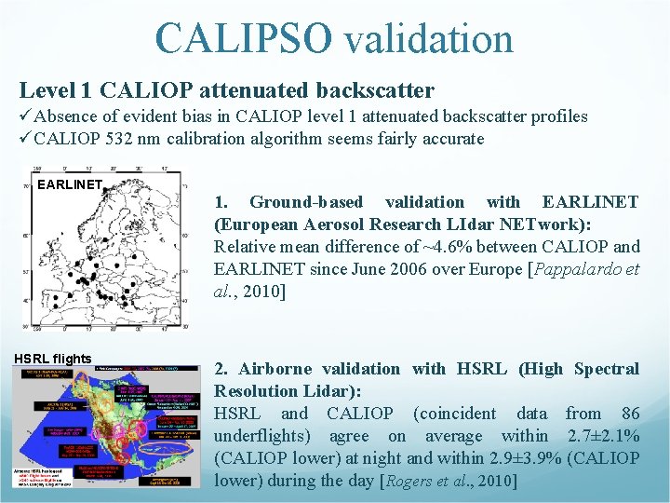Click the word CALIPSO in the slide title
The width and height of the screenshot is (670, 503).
coord(243,38)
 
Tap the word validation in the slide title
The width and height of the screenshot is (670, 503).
coord(428,38)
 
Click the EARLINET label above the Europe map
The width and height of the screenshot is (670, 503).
coord(69,184)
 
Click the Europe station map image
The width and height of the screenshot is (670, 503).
coord(104,253)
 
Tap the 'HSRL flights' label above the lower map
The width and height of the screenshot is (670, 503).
coord(52,359)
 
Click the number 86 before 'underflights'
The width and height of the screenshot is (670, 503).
coord(630,414)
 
